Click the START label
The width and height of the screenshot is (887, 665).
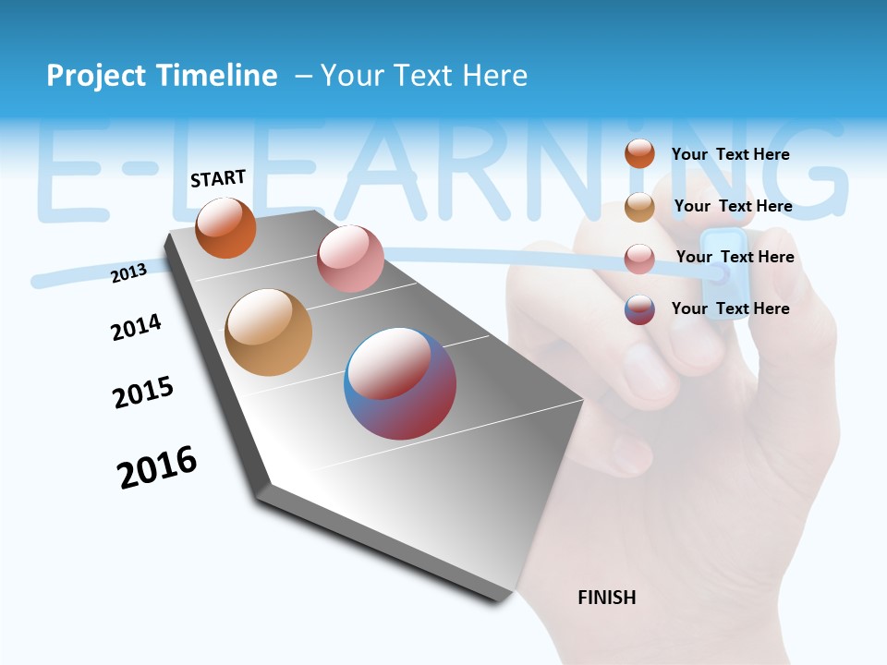pyautogui.click(x=218, y=178)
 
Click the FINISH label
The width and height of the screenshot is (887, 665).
pyautogui.click(x=606, y=598)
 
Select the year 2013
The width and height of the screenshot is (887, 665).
pyautogui.click(x=128, y=272)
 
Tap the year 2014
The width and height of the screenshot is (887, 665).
pyautogui.click(x=136, y=327)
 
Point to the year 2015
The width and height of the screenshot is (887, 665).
pyautogui.click(x=143, y=393)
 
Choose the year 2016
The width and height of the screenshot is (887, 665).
pyautogui.click(x=157, y=467)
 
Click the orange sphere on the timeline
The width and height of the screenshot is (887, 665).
pyautogui.click(x=225, y=227)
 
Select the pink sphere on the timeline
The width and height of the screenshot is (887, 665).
pyautogui.click(x=350, y=259)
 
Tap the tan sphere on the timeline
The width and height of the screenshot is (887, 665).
pyautogui.click(x=268, y=332)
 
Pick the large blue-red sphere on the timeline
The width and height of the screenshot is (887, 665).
pyautogui.click(x=400, y=383)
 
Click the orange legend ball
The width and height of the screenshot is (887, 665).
pyautogui.click(x=639, y=154)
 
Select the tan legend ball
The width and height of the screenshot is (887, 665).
pyautogui.click(x=639, y=207)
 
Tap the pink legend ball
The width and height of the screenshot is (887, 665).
pyautogui.click(x=639, y=259)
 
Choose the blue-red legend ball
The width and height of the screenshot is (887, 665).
pyautogui.click(x=639, y=309)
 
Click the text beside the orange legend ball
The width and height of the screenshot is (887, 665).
pyautogui.click(x=730, y=154)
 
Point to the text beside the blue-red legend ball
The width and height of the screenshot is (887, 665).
pyautogui.click(x=730, y=308)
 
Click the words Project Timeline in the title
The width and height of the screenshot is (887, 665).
pyautogui.click(x=162, y=76)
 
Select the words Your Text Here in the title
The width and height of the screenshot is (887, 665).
pyautogui.click(x=423, y=76)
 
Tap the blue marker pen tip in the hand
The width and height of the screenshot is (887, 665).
pyautogui.click(x=720, y=273)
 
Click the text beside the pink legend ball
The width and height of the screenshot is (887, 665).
pyautogui.click(x=735, y=257)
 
